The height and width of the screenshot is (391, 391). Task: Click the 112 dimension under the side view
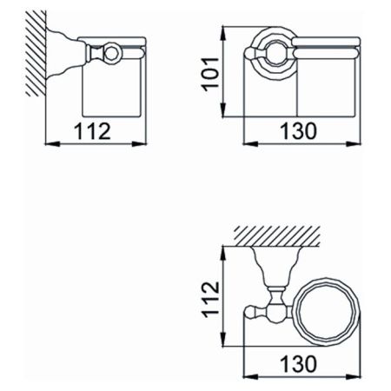[x=93, y=132]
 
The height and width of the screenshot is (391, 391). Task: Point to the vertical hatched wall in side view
[x=35, y=52]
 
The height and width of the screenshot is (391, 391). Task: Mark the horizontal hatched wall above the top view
[x=276, y=235]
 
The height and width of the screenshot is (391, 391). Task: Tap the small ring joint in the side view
[x=111, y=55]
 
